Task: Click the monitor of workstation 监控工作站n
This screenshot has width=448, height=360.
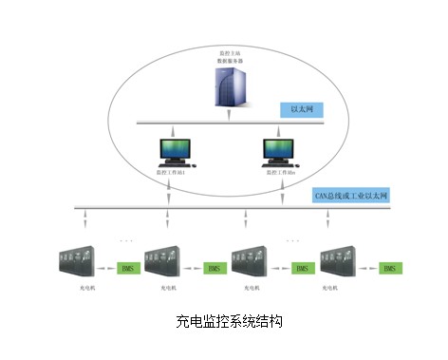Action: point(280,149)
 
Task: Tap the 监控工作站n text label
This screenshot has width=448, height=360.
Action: point(280,173)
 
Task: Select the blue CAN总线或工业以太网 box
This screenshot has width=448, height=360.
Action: point(351,196)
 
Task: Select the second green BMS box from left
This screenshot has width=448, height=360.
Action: point(215,270)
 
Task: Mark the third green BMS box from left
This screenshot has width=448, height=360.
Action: point(302,270)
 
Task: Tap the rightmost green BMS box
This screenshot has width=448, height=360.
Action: point(389,270)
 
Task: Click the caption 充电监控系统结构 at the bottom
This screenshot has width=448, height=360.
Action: point(224,324)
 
